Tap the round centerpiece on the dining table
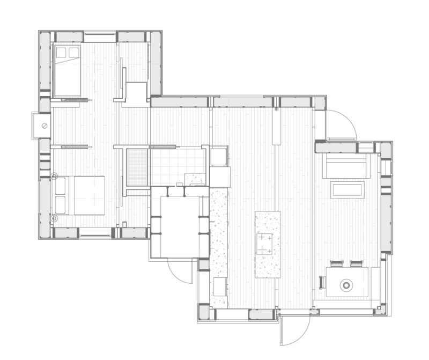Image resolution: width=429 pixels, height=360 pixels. (347, 285)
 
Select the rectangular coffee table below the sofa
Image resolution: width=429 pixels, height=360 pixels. (348, 189)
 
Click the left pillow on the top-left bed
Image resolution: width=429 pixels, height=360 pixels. (61, 52)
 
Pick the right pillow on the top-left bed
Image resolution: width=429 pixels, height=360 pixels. (73, 52)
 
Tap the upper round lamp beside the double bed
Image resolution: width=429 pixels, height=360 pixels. (54, 175)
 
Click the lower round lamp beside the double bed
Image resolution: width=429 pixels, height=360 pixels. (54, 218)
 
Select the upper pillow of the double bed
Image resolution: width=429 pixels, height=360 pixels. (60, 186)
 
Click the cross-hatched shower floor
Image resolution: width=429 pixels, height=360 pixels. (137, 166)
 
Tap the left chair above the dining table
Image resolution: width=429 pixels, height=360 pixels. (336, 263)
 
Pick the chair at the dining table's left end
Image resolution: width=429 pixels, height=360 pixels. (322, 282)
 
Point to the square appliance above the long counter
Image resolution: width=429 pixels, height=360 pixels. (219, 157)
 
